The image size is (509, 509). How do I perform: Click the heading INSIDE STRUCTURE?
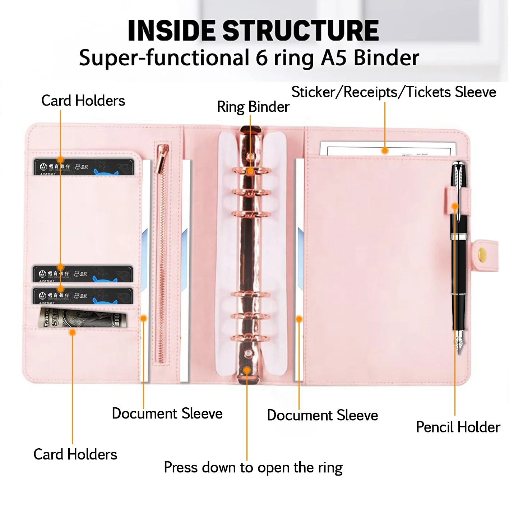253,30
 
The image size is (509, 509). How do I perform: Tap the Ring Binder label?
253,107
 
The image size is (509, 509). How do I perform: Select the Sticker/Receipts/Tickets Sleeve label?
393,92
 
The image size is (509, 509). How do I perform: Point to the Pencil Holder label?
458,427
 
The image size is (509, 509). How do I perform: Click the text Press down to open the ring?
253,468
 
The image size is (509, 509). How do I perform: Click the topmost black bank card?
84,167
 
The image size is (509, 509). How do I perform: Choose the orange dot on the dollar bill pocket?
72,333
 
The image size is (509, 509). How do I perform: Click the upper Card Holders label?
83,101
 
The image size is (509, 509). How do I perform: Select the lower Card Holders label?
75,455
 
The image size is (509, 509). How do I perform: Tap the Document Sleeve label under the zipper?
167,414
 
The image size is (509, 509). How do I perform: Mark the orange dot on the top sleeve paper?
385,151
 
